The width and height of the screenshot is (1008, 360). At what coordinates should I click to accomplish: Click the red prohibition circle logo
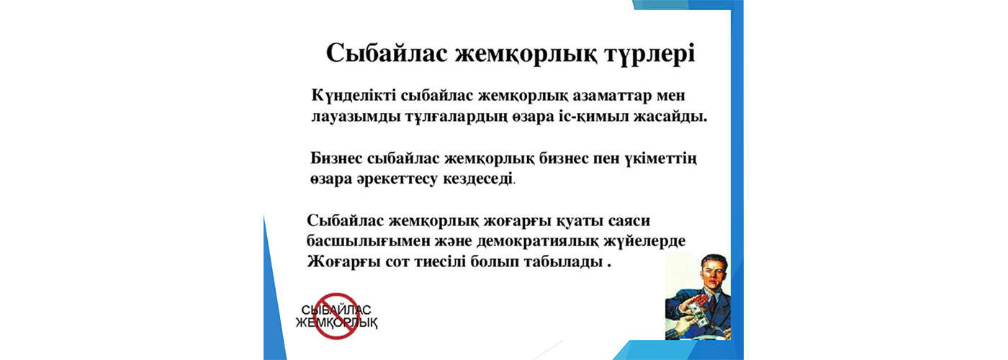(336, 316)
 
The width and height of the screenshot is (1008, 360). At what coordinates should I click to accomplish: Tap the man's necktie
(714, 303)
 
